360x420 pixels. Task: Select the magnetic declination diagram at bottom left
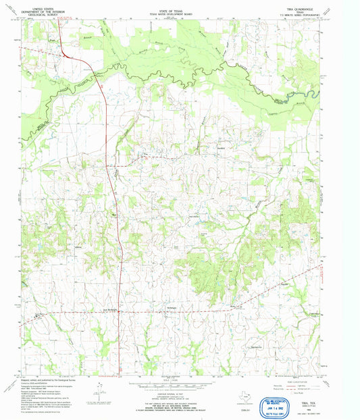(x=100, y=390)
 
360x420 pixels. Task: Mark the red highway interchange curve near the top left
(x=68, y=54)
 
